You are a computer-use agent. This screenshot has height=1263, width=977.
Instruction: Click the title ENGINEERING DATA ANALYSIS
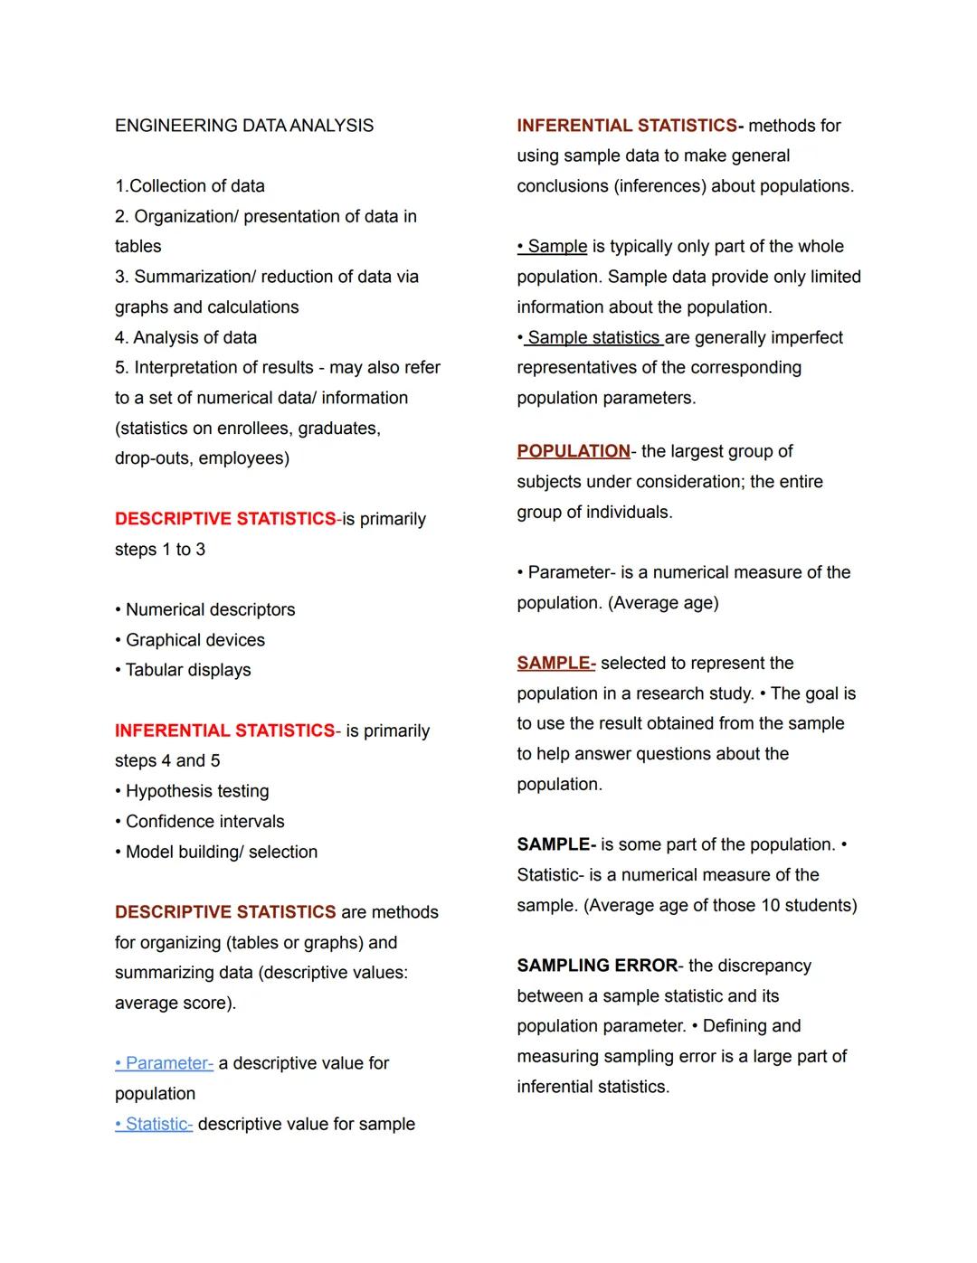coord(244,126)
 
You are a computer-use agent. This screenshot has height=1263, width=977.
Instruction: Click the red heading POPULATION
coord(574,451)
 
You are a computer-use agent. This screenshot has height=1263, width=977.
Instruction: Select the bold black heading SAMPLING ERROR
coord(597,966)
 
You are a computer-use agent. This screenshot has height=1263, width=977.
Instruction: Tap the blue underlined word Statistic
coord(158,1124)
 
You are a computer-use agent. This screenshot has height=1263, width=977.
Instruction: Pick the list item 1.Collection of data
coord(190,186)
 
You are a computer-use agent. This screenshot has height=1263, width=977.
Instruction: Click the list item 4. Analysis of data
coord(185,338)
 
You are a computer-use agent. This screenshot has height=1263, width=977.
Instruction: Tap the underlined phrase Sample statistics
coord(593,338)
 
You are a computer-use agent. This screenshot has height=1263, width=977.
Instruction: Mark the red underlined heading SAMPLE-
coord(555,664)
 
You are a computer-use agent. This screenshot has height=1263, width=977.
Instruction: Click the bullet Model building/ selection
coord(221,852)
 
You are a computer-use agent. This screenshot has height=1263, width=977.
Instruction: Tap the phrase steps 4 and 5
coord(167,761)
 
